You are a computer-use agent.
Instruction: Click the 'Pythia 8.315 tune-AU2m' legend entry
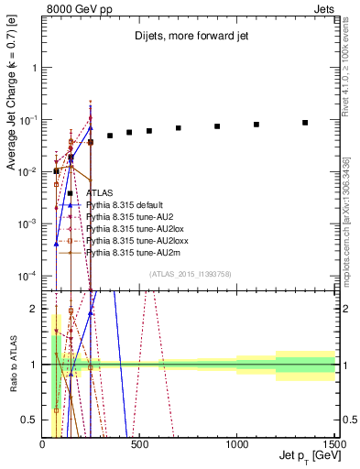point(132,251)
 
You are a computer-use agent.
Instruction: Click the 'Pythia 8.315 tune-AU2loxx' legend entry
point(136,240)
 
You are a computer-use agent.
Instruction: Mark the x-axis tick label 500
point(140,444)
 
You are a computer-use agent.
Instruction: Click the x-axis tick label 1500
point(334,444)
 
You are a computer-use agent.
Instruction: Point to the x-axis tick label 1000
point(237,444)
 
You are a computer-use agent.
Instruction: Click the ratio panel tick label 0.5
point(30,420)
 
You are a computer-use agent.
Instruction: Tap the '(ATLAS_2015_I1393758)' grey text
point(189,273)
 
